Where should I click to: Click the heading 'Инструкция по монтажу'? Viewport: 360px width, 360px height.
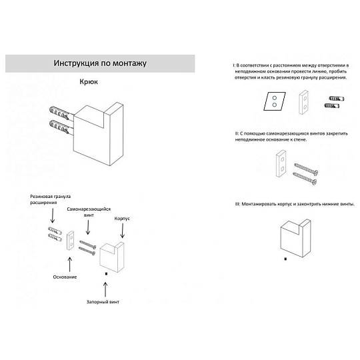(100, 63)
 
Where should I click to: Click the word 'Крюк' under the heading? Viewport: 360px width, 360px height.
(89, 82)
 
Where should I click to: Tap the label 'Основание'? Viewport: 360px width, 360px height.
(65, 277)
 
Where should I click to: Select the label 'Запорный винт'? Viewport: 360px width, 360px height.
(103, 302)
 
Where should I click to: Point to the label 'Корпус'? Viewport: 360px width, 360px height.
(122, 219)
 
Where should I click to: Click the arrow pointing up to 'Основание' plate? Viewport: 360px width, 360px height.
(69, 265)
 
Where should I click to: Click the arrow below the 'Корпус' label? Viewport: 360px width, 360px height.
(123, 231)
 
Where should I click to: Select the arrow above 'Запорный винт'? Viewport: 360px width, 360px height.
(105, 289)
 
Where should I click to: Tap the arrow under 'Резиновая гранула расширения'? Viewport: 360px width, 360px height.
(53, 215)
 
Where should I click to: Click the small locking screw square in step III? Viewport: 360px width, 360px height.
(285, 259)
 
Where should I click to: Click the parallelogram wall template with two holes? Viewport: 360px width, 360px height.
(275, 101)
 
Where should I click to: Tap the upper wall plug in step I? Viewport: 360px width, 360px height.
(337, 99)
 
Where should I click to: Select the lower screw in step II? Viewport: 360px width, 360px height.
(305, 178)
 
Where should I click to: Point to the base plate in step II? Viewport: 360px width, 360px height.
(281, 163)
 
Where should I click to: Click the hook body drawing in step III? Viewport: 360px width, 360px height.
(295, 238)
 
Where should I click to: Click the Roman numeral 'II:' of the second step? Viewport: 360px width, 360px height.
(237, 133)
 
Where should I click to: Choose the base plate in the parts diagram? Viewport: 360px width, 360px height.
(71, 241)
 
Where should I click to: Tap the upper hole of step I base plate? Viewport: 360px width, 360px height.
(305, 98)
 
